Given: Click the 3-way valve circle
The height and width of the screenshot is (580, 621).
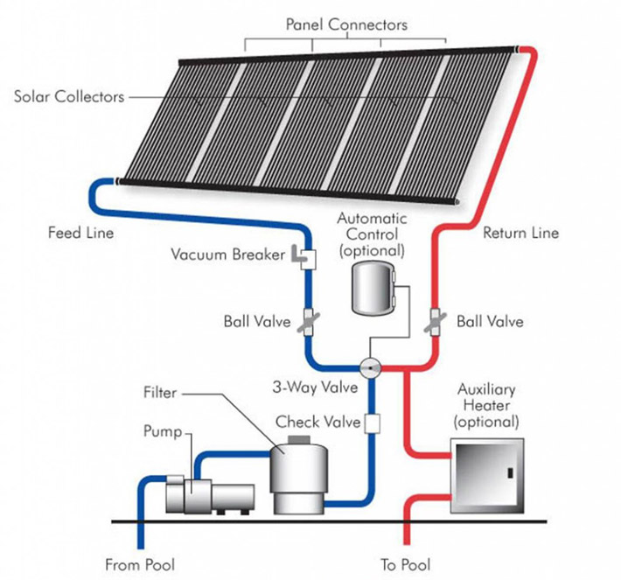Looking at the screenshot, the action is (370, 368).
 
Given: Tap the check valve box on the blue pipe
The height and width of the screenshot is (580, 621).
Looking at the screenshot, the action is (372, 423).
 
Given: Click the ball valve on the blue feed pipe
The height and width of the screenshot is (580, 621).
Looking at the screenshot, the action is (309, 322).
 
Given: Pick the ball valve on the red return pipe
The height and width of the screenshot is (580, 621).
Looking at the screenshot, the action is (435, 321).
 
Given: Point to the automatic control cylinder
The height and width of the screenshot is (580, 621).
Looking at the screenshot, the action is (373, 289).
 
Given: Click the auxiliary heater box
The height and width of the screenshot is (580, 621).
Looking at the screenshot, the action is (487, 476).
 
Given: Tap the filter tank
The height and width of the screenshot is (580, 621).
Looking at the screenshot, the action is (299, 479).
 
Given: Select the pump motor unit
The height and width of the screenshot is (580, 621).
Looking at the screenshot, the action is (210, 495).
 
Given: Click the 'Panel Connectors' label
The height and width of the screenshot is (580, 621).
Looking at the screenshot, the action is (346, 24).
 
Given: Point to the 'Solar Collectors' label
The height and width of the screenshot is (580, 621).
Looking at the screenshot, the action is (69, 96).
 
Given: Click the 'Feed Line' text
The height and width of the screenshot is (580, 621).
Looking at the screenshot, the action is (80, 233).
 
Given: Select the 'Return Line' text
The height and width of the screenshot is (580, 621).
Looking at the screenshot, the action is (520, 233).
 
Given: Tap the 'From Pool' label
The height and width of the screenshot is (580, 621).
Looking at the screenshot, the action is (140, 564).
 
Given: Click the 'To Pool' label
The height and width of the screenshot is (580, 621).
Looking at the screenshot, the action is (406, 564).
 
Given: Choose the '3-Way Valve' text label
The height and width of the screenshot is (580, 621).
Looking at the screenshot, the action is (315, 387).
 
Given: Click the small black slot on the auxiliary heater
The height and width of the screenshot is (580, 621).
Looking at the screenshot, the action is (511, 472).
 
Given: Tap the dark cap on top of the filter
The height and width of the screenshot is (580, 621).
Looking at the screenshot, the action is (299, 439).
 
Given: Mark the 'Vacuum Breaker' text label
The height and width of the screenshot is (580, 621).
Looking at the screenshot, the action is (227, 255).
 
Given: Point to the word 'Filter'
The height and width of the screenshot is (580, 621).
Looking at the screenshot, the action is (160, 393).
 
